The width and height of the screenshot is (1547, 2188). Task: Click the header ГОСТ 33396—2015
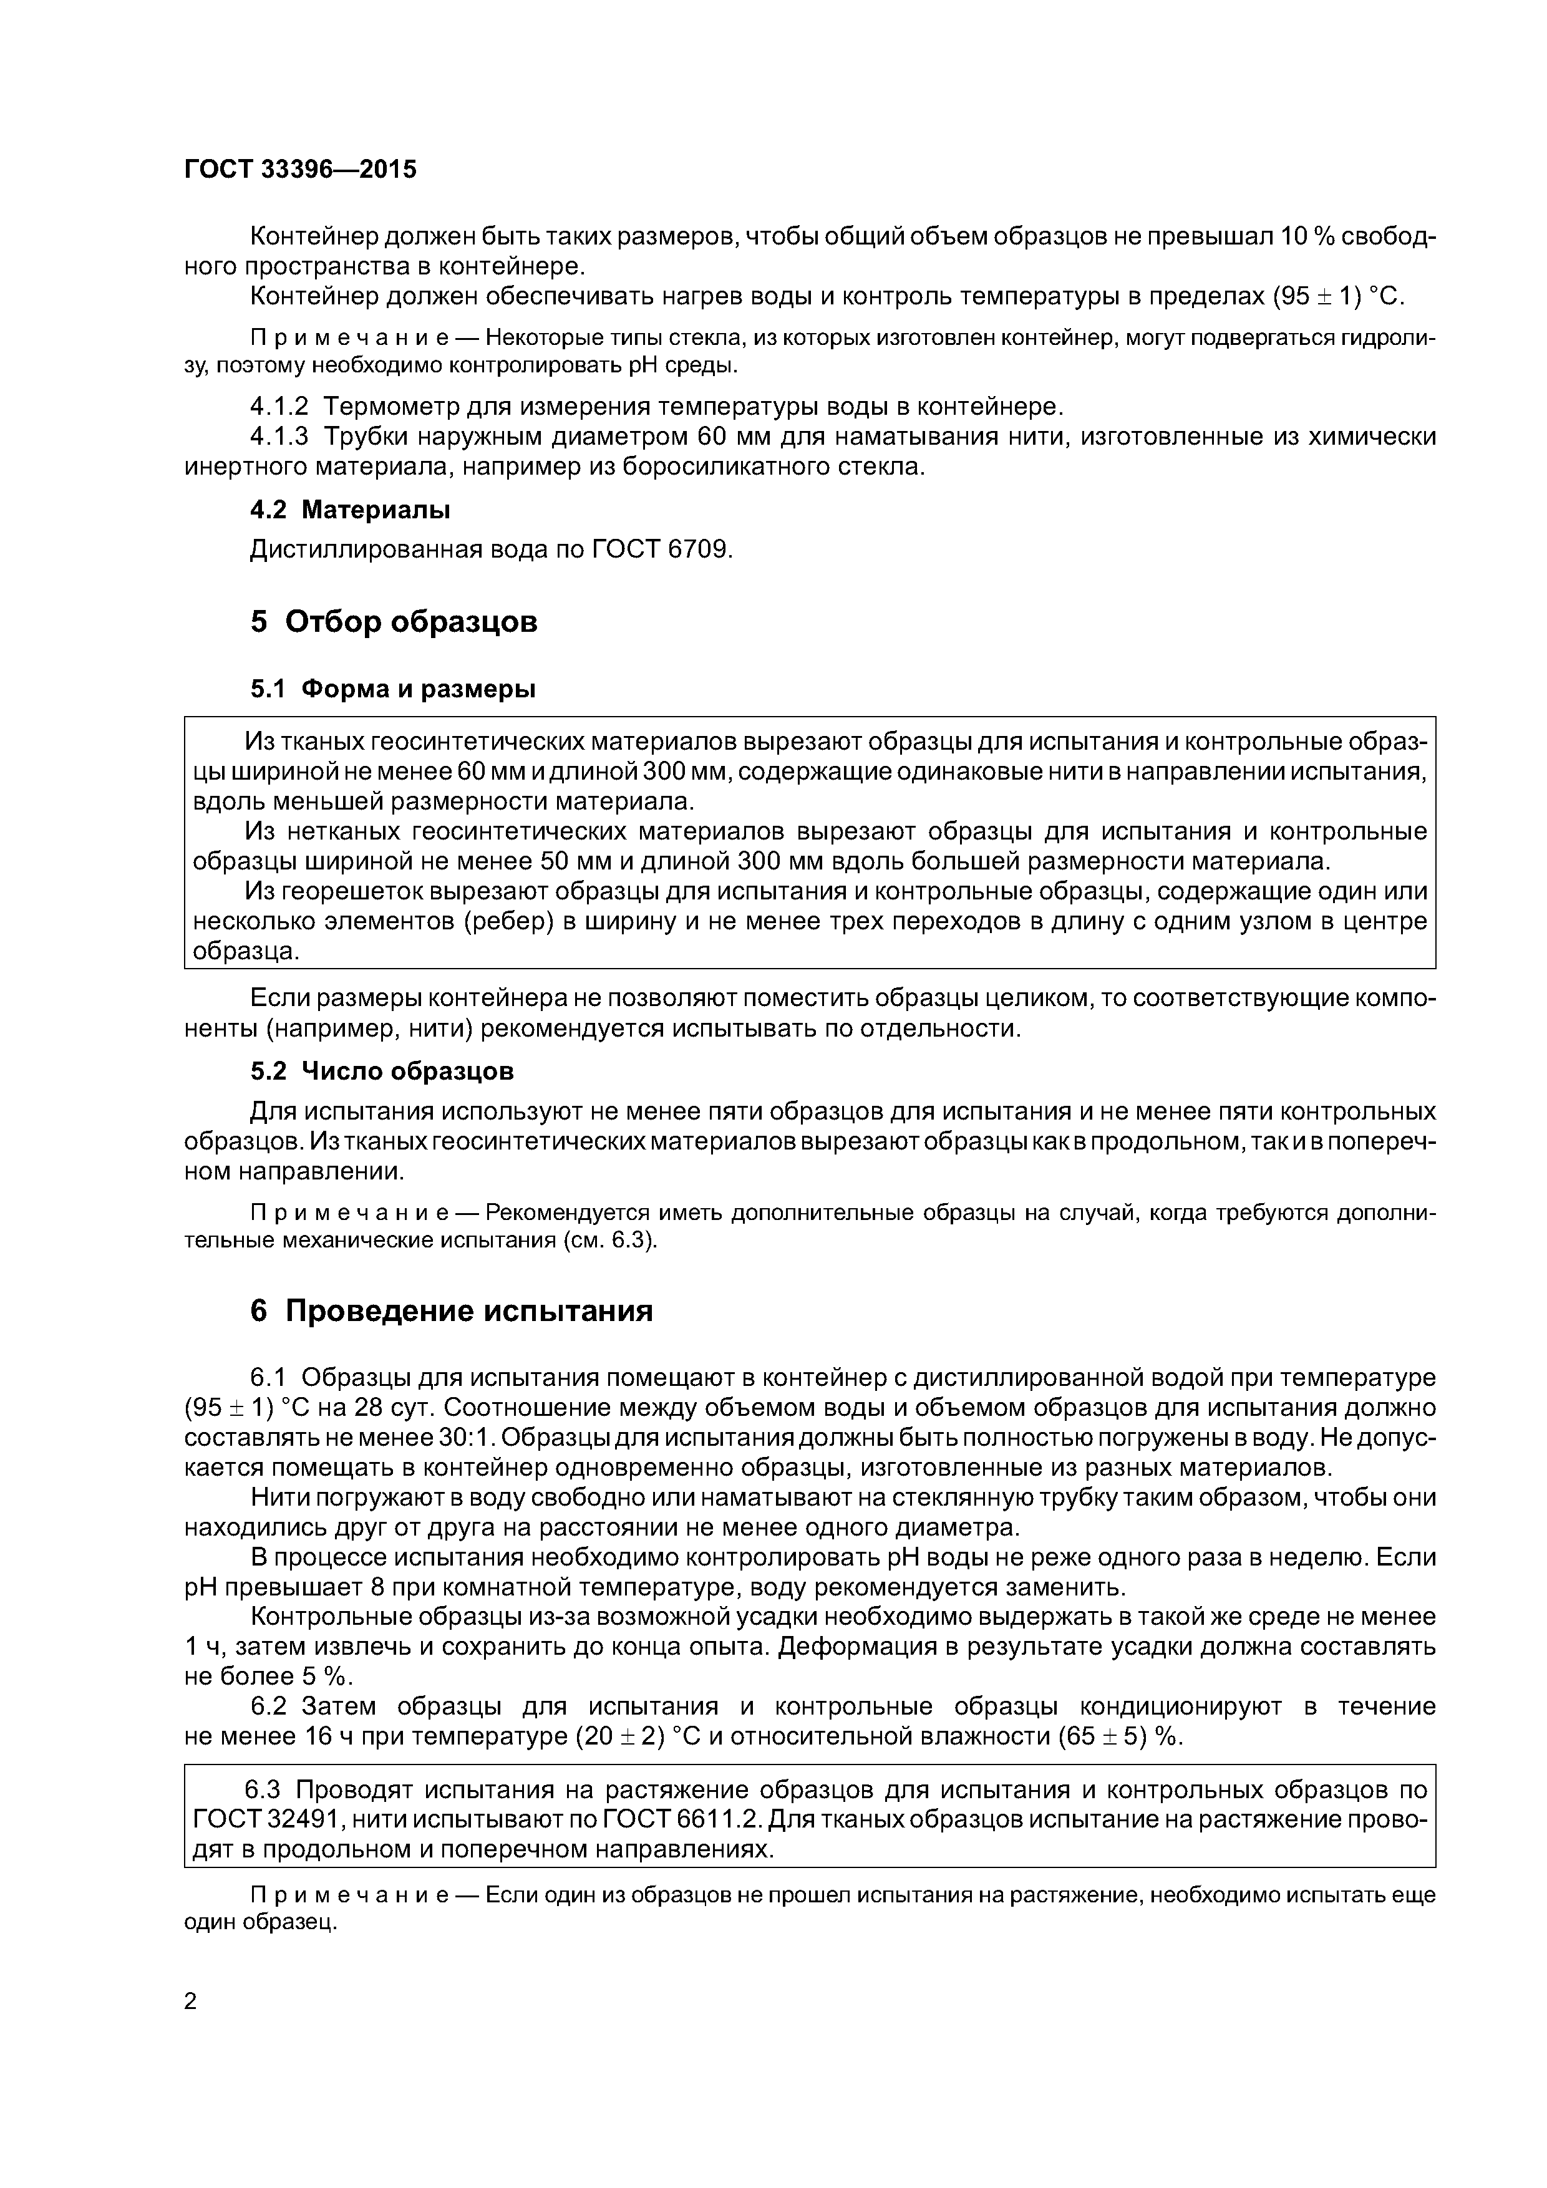(300, 170)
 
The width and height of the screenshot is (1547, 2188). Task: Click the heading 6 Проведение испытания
(451, 1310)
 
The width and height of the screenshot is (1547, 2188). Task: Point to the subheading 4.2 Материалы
(350, 510)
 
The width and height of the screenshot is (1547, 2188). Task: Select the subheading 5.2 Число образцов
(381, 1071)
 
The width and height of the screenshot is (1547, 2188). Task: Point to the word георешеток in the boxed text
(342, 891)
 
